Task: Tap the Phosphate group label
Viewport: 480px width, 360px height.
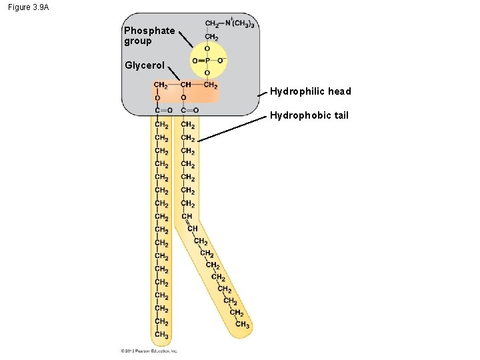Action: click(149, 35)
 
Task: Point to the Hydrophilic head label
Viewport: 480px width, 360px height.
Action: click(310, 91)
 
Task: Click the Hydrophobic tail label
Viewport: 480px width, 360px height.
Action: click(309, 115)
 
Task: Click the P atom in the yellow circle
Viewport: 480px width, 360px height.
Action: click(207, 61)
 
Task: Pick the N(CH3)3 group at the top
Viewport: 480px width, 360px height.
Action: click(241, 24)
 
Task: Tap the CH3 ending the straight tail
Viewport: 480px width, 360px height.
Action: click(161, 335)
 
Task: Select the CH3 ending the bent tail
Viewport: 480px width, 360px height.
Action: click(243, 325)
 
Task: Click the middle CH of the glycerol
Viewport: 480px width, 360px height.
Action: click(186, 85)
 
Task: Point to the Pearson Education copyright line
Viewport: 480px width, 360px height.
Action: click(149, 351)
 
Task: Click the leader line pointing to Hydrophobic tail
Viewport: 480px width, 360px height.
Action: click(233, 129)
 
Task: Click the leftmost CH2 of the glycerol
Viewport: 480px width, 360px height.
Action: click(161, 85)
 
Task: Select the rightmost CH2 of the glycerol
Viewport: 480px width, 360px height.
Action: click(211, 85)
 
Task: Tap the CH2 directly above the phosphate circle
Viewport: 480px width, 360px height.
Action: click(211, 37)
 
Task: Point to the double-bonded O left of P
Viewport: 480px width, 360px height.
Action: click(194, 61)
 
